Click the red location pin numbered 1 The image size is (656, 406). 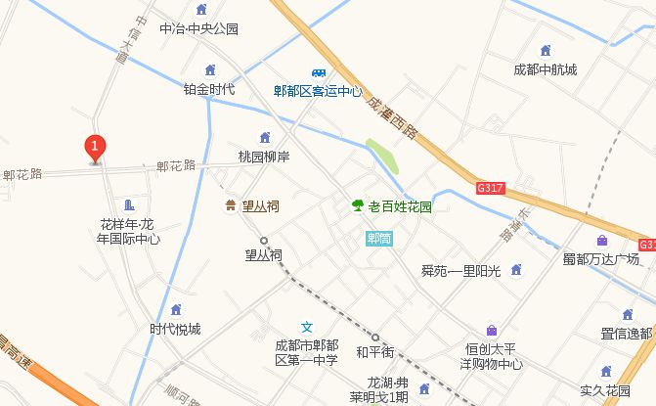tap(95, 148)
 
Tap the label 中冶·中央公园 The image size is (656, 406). tap(198, 28)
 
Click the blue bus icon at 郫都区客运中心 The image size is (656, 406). tap(319, 73)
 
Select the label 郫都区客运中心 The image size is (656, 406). tap(318, 92)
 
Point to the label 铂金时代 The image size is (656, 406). tap(209, 89)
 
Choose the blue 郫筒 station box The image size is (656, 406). tap(378, 238)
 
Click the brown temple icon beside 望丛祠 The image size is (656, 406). tap(230, 206)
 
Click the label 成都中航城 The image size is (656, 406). tap(546, 69)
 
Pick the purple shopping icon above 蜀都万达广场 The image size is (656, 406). tap(601, 241)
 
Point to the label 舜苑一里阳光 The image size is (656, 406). tap(460, 270)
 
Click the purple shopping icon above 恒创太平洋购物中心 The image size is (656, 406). tap(491, 330)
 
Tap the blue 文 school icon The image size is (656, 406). tap(306, 327)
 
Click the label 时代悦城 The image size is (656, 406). tap(175, 329)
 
